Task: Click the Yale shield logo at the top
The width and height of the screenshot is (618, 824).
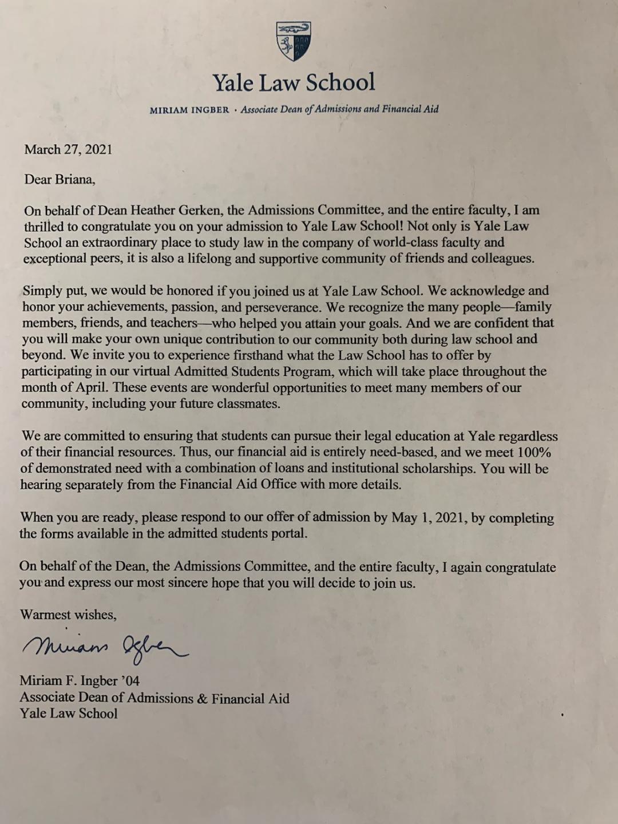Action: tap(294, 41)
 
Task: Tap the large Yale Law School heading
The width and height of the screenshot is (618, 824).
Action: tap(294, 83)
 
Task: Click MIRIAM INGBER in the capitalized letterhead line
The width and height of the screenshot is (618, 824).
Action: tap(189, 110)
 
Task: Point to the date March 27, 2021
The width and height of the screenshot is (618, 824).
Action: tap(68, 150)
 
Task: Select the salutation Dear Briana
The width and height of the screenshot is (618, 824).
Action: tap(60, 180)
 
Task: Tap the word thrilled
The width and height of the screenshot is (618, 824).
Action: tap(43, 227)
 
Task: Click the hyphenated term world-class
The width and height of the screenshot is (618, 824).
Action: tap(406, 242)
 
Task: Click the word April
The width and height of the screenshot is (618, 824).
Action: tap(92, 387)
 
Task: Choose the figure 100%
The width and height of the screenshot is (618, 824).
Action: tap(534, 453)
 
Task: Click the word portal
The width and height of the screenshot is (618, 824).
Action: tap(289, 534)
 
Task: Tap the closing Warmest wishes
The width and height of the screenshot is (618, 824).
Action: tap(68, 615)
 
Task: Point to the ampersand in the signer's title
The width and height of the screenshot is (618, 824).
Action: tap(202, 699)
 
